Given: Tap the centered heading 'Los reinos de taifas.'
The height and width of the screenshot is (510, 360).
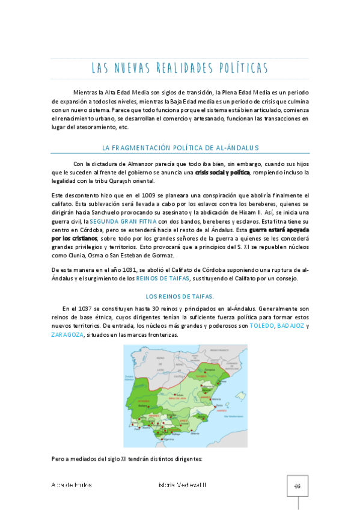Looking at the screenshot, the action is tap(180, 296).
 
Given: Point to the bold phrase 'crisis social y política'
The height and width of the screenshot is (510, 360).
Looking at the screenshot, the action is tap(222, 173).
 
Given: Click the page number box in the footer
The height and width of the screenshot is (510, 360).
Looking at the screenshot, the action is tap(296, 486).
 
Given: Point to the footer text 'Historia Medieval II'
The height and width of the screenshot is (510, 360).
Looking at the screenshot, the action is tap(180, 485).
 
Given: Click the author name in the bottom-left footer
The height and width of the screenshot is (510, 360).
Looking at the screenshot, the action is tap(72, 485).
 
